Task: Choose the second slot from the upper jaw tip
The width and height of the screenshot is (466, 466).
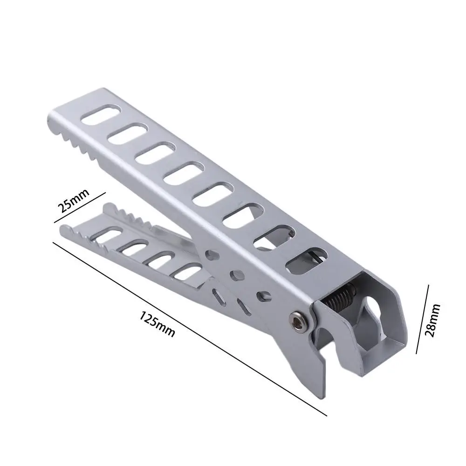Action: click(124, 136)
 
